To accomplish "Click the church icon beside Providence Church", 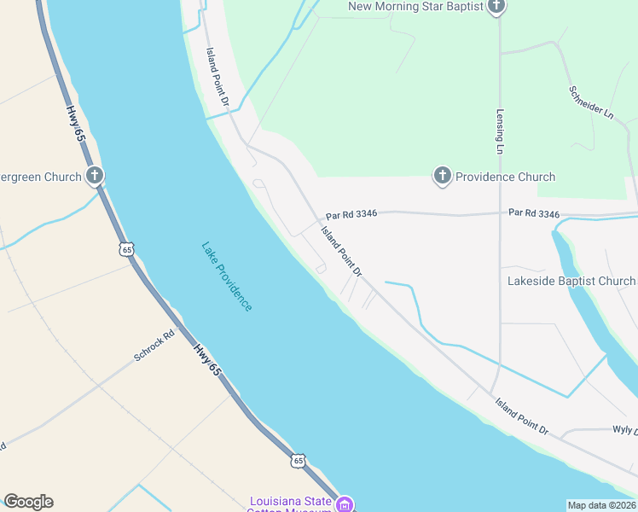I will pos(442,177).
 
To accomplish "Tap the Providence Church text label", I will pos(505,177).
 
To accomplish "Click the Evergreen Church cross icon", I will pos(95,177).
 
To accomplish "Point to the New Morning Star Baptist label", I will pos(416,7).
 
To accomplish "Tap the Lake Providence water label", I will pos(227,276).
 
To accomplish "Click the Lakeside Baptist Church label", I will pos(571,281).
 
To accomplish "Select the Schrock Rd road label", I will pos(154,345).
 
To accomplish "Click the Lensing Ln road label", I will pos(500,131).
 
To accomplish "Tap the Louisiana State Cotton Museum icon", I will pos(344,503).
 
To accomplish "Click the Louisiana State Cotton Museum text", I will pos(290,504).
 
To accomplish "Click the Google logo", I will pos(28,502).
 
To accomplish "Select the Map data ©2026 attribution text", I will pos(602,504).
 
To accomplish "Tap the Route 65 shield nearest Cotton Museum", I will pos(297,460).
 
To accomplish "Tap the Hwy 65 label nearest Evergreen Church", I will pos(77,124).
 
